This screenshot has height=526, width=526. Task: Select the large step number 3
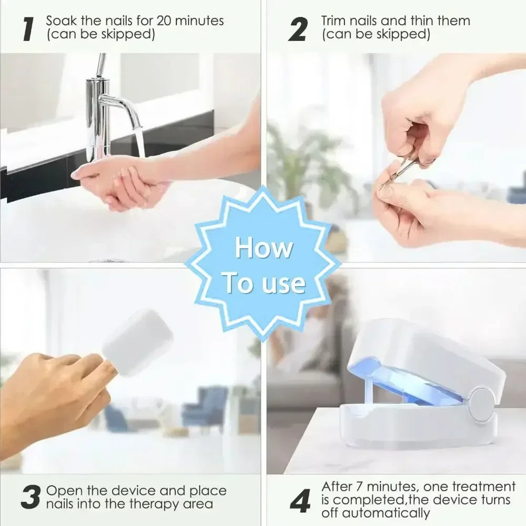click(x=31, y=498)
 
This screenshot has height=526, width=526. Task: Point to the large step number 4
click(x=300, y=502)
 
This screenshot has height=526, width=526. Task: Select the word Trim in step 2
click(x=334, y=21)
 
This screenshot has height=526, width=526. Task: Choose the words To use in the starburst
click(x=263, y=282)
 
